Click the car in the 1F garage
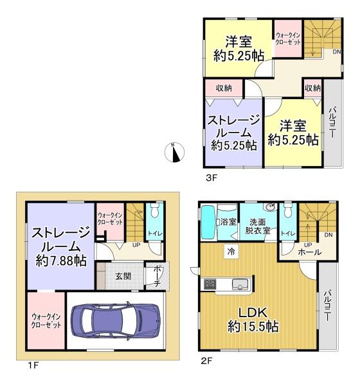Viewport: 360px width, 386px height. point(116,320)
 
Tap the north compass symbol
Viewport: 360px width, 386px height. point(174,152)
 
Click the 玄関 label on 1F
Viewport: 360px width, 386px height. point(123,276)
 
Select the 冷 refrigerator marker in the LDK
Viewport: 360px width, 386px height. point(231,252)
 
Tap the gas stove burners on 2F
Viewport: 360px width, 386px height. point(210,284)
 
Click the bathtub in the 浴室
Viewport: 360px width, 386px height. point(208,223)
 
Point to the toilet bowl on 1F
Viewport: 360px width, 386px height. point(154,210)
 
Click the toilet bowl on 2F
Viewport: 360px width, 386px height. point(287,210)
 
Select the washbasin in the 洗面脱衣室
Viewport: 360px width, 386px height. point(270,207)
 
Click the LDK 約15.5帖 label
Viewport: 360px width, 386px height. point(253,320)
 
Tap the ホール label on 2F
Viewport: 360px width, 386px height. point(310,252)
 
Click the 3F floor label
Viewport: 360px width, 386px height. point(212,178)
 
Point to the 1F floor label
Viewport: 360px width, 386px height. point(33,365)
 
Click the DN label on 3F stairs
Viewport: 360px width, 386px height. point(337,51)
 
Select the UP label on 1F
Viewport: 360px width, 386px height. point(136,245)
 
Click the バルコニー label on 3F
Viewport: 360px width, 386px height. point(332,122)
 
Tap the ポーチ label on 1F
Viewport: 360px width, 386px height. point(157,276)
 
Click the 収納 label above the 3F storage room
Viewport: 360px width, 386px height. point(224,88)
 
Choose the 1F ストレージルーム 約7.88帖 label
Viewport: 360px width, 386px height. point(61,247)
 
